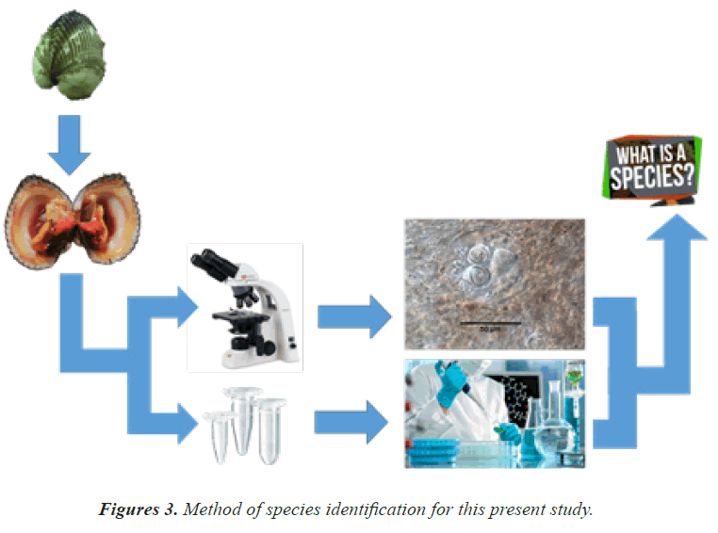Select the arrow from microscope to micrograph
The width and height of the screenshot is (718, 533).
click(x=353, y=315)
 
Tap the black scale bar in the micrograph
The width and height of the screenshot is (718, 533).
click(x=490, y=323)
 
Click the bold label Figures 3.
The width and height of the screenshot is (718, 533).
click(x=137, y=509)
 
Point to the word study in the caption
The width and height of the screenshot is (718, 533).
click(x=573, y=509)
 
